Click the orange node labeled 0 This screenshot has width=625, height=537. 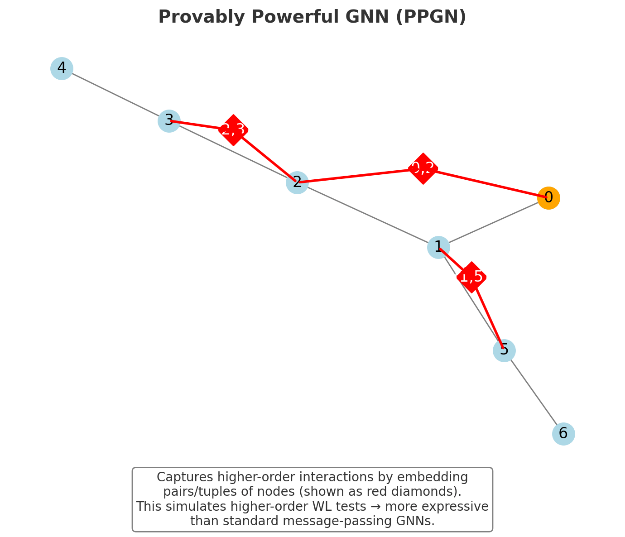pos(548,198)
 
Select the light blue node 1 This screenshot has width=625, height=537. pos(438,247)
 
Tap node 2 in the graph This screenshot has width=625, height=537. pos(297,182)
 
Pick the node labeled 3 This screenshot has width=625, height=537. pos(169,120)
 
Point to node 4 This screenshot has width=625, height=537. pos(62,68)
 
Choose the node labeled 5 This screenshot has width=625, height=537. pos(504,350)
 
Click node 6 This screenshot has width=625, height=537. pos(563,434)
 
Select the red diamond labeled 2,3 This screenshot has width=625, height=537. pos(233,130)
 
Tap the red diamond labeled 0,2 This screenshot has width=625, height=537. pos(423,168)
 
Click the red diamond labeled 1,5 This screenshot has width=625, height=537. pos(471,277)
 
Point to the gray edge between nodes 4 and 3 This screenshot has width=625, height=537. pos(115,95)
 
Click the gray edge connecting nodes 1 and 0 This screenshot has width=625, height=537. pos(494,222)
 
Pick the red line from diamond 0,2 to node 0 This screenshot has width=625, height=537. pos(487,183)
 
